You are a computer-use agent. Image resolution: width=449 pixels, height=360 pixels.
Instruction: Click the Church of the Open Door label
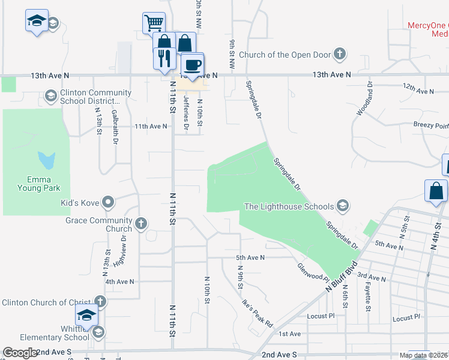click(x=285, y=55)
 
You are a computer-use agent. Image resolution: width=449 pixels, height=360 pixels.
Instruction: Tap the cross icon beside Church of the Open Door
click(x=340, y=55)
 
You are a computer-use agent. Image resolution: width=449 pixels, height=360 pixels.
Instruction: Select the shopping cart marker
click(x=154, y=23)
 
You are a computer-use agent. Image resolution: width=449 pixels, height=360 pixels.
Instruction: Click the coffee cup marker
click(x=192, y=64)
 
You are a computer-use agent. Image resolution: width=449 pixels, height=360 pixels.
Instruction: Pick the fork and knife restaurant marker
click(x=164, y=59)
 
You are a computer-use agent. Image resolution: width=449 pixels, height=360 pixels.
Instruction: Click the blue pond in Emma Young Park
click(x=47, y=160)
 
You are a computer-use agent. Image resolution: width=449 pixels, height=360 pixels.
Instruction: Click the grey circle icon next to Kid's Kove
click(x=108, y=202)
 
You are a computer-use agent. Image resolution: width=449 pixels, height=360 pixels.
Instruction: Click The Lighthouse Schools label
click(x=289, y=207)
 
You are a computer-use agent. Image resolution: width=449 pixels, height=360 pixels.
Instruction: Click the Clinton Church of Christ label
click(x=45, y=302)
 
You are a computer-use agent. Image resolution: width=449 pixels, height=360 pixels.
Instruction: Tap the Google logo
click(x=20, y=353)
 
